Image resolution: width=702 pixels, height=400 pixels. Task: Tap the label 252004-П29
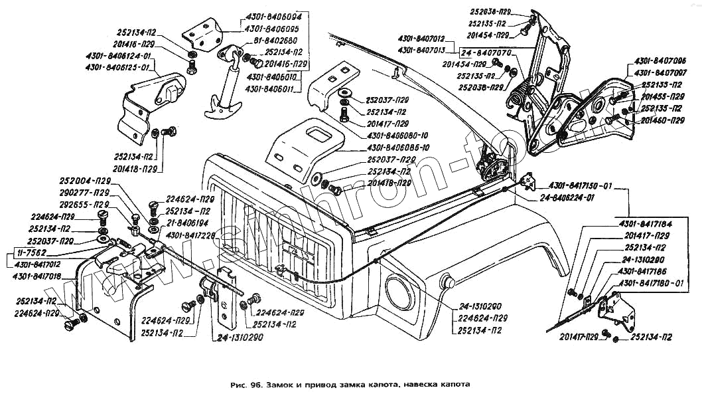coord(85,181)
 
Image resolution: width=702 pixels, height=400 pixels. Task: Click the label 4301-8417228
coord(189,235)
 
